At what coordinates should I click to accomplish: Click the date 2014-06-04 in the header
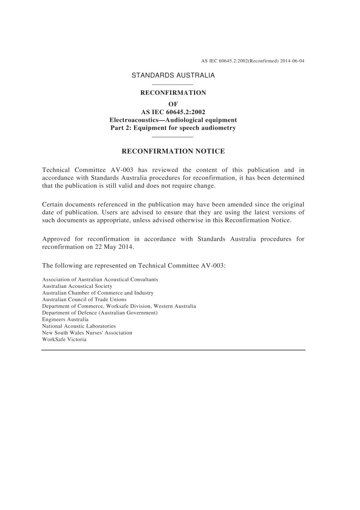click(292, 61)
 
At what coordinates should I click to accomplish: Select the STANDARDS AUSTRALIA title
click(173, 75)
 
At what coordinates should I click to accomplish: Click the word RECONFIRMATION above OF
click(173, 93)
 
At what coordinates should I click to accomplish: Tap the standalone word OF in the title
click(173, 104)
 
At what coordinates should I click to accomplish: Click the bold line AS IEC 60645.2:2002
click(173, 112)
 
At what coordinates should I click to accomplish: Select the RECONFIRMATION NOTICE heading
click(173, 152)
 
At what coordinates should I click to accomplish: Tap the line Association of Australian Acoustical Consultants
click(100, 280)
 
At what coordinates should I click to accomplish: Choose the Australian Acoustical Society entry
click(77, 286)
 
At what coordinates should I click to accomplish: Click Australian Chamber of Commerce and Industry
click(98, 293)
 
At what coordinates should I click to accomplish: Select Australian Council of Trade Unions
click(84, 300)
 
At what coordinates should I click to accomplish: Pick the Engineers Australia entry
click(65, 320)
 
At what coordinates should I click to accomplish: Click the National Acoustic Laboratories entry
click(79, 326)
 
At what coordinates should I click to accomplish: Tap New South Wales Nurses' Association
click(87, 333)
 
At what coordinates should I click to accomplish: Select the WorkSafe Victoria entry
click(64, 339)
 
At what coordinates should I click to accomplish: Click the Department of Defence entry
click(100, 313)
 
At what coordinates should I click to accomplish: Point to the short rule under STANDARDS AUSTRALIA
click(172, 84)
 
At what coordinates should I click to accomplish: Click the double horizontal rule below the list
click(173, 350)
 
